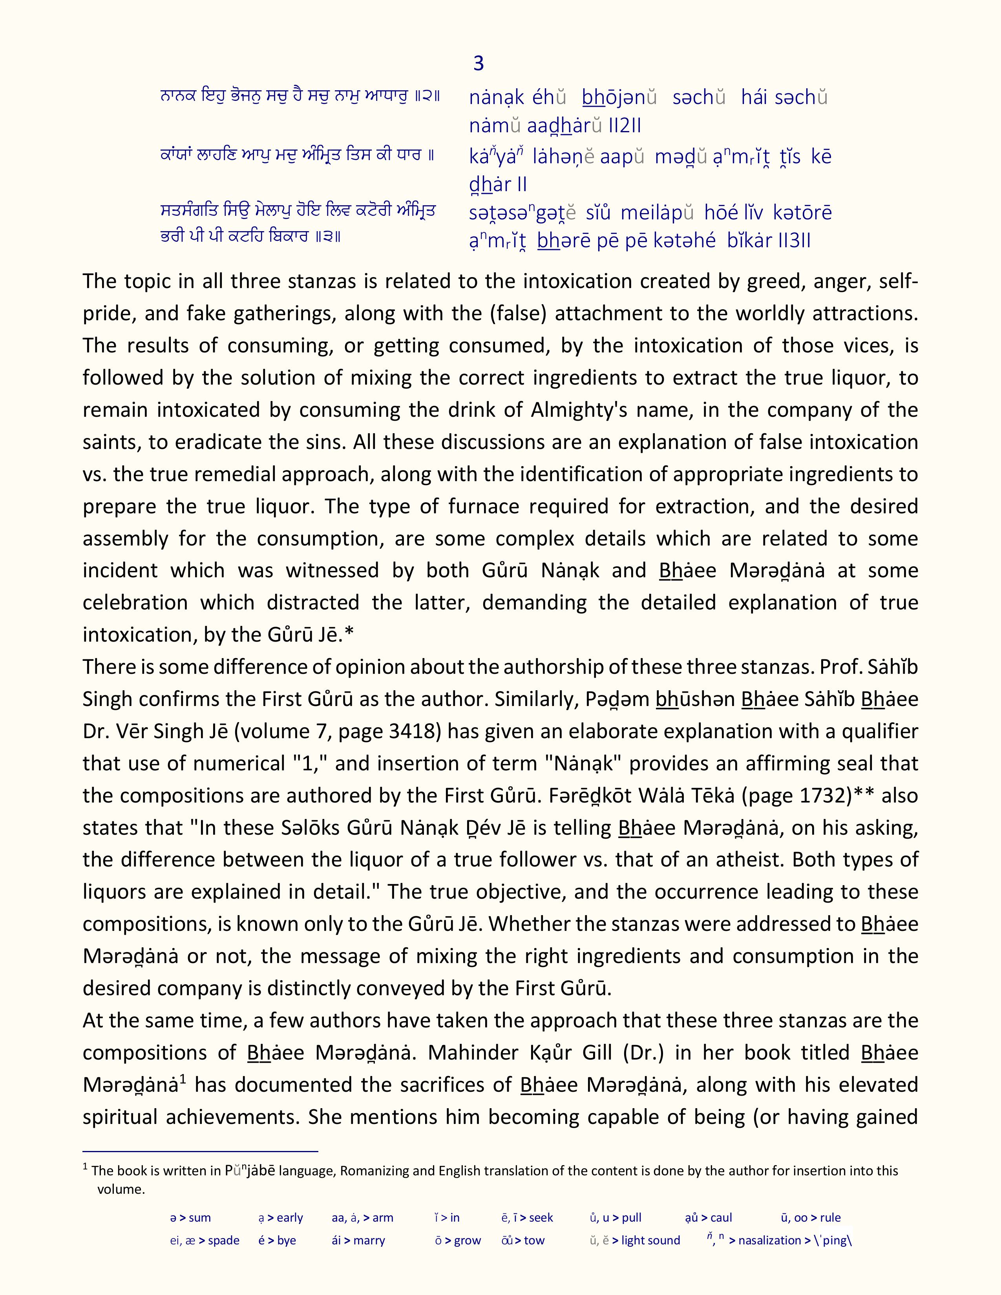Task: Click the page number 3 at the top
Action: pyautogui.click(x=479, y=64)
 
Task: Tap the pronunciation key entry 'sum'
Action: pyautogui.click(x=199, y=1218)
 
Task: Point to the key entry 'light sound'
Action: pyautogui.click(x=650, y=1240)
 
